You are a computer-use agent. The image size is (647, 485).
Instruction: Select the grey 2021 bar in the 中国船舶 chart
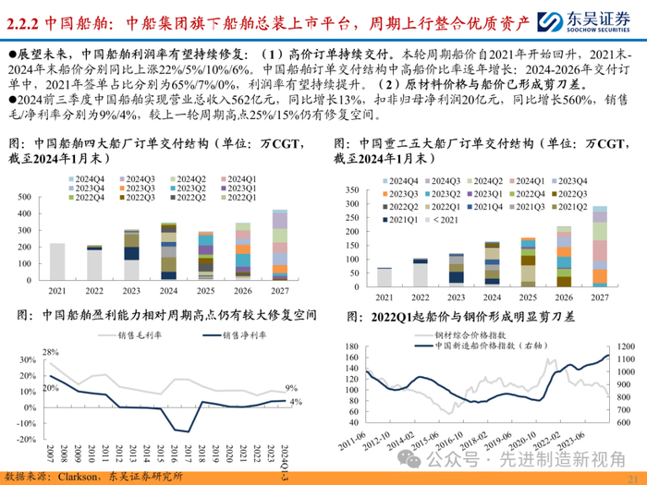pos(57,261)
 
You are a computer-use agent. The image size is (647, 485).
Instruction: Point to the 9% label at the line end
pos(290,388)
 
